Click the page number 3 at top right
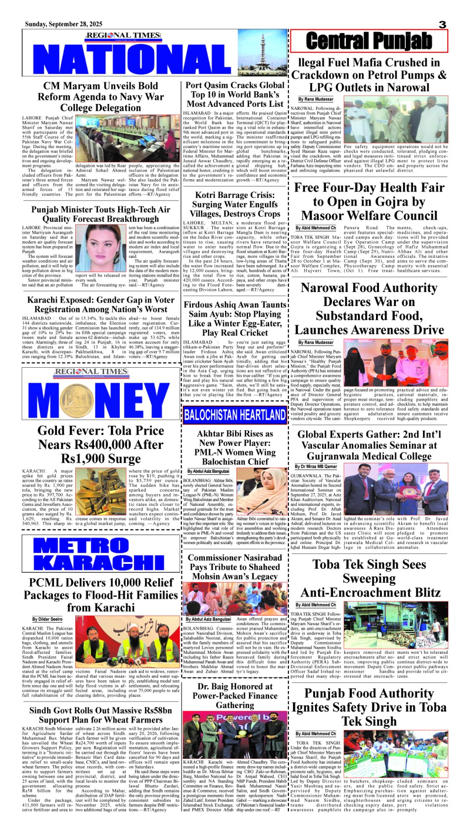[x=442, y=24]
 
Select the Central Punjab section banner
[x=369, y=41]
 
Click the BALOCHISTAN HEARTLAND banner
[x=235, y=415]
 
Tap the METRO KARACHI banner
[x=99, y=554]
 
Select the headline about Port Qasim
[x=235, y=94]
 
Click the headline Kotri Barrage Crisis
[x=235, y=204]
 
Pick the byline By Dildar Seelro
[x=47, y=619]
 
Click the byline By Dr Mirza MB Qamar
[x=316, y=466]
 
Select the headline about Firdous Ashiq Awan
[x=235, y=319]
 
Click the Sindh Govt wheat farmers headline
[x=100, y=715]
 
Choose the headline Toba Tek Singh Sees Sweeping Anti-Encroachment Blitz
[x=369, y=578]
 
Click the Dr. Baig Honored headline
[x=235, y=695]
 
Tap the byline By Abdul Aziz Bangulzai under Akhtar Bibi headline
[x=208, y=471]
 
